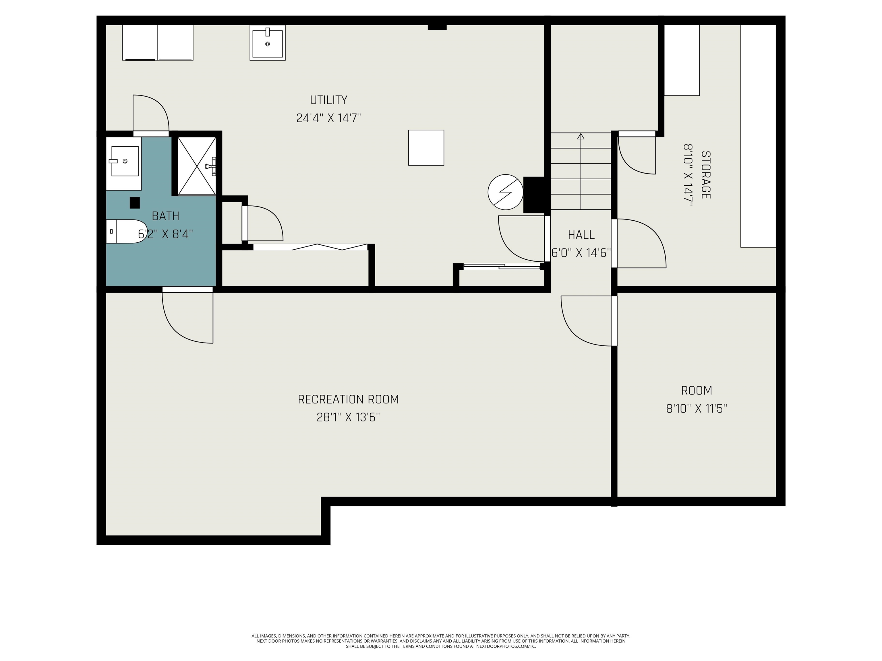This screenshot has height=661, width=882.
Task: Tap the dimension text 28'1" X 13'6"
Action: (x=348, y=417)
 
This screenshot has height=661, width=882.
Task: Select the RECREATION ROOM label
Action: (x=348, y=399)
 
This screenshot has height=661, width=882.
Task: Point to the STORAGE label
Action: (x=705, y=175)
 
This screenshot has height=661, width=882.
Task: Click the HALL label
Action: (x=581, y=235)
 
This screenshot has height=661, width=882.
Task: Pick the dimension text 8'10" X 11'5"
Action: (x=697, y=409)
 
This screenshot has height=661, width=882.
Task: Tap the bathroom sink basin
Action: (x=125, y=161)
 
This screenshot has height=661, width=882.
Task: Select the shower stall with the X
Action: (x=196, y=166)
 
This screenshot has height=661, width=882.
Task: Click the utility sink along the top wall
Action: (x=268, y=43)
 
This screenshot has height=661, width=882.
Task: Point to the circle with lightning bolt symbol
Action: (x=506, y=192)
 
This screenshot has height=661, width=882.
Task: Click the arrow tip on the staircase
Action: (x=581, y=134)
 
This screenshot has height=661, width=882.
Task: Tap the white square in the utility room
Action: (x=426, y=147)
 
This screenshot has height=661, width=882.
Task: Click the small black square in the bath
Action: (x=135, y=203)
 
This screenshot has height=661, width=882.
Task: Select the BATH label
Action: (x=165, y=216)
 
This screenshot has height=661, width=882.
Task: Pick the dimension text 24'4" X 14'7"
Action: (x=328, y=118)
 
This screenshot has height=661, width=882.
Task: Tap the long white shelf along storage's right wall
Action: (x=758, y=136)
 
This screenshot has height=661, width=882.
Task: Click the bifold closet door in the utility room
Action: (x=310, y=247)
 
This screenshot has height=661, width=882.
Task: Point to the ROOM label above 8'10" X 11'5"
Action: (x=697, y=390)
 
